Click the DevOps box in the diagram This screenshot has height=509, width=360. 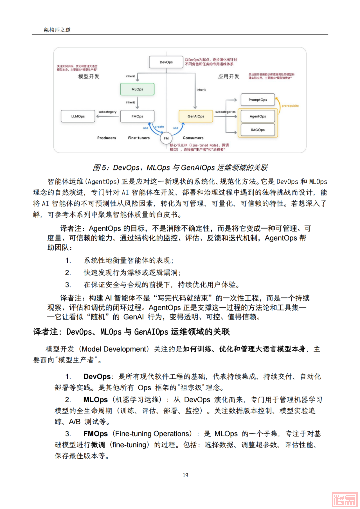(x=166, y=62)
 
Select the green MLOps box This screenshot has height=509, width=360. (x=137, y=89)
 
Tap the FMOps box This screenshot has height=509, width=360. (x=137, y=116)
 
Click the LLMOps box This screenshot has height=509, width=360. (x=78, y=116)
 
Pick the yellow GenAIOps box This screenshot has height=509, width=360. (x=196, y=116)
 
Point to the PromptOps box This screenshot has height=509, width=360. (x=258, y=100)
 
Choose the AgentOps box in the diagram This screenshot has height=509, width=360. (x=258, y=116)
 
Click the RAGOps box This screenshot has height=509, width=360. (x=258, y=130)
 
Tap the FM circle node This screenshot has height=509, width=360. (x=166, y=138)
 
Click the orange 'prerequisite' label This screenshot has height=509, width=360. (x=290, y=106)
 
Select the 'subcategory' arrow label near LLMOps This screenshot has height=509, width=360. (x=107, y=112)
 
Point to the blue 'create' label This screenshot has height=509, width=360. (x=159, y=127)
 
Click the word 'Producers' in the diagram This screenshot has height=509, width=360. (x=107, y=138)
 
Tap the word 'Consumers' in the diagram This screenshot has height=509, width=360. (x=193, y=138)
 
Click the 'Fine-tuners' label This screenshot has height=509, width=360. (x=139, y=138)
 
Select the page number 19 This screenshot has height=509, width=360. (x=185, y=475)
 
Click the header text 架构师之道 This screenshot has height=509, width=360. (x=57, y=30)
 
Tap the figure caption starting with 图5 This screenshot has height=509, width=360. (x=180, y=167)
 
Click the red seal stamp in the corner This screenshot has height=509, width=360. (x=344, y=500)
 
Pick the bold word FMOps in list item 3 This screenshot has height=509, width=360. (x=95, y=434)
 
